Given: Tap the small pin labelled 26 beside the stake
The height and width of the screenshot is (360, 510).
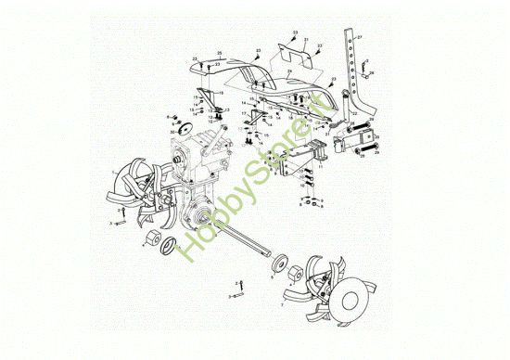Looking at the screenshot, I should coord(364,66).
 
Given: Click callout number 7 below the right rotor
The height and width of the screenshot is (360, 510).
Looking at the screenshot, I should coord(282,304).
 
